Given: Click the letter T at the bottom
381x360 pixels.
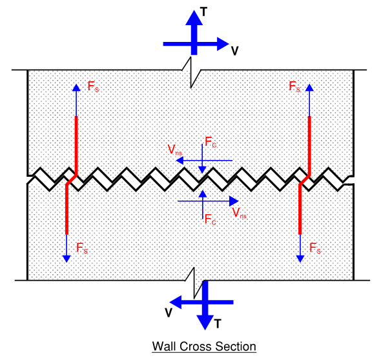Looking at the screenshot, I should (218, 324).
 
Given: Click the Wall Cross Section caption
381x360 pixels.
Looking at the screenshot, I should (204, 347).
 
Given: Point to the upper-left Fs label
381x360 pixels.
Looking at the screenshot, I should (93, 85).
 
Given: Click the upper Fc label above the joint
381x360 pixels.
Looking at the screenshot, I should (211, 140).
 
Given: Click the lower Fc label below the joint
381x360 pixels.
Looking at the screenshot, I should (210, 219).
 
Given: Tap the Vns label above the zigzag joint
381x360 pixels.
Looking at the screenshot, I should (174, 149).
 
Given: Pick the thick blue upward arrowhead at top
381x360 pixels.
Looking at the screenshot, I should (193, 17).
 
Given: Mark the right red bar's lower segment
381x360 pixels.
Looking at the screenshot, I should (300, 210).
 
